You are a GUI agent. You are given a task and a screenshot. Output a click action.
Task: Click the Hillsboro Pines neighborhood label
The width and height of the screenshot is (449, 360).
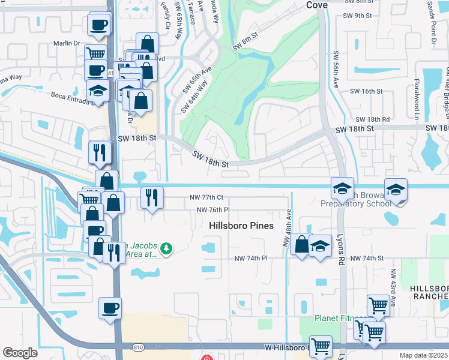pyautogui.click(x=241, y=226)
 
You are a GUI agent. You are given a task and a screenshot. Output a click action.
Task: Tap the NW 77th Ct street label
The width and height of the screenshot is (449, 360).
pyautogui.click(x=208, y=197)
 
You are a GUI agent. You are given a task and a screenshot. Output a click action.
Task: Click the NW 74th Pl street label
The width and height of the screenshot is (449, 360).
pyautogui.click(x=251, y=258)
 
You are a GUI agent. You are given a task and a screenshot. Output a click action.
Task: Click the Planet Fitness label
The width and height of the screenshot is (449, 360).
pyautogui.click(x=340, y=318)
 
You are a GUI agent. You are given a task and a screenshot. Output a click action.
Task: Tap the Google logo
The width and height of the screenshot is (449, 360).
pyautogui.click(x=20, y=353)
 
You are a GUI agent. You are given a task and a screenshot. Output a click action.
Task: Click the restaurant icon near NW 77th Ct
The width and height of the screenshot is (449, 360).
pyautogui.click(x=152, y=196)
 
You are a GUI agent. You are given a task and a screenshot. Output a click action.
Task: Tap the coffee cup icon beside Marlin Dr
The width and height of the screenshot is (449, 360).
pyautogui.click(x=99, y=25)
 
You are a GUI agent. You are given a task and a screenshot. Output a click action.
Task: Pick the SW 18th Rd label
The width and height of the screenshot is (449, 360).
pyautogui.click(x=373, y=120)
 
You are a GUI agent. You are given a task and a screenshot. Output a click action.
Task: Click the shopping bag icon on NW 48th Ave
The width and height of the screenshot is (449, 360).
pyautogui.click(x=301, y=244)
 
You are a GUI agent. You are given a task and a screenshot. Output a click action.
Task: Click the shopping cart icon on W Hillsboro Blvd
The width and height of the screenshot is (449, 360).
pyautogui.click(x=321, y=346)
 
